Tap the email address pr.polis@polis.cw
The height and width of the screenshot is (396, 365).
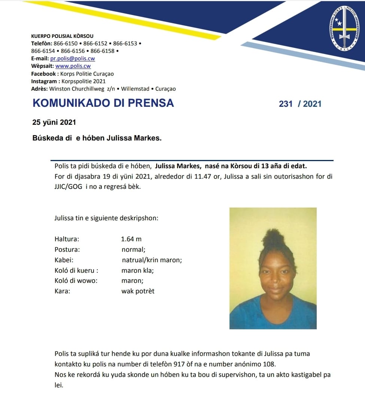click(73, 58)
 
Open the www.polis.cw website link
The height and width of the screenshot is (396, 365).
click(73, 66)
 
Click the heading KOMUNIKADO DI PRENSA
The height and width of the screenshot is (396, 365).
click(103, 103)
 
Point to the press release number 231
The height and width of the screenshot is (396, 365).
click(286, 104)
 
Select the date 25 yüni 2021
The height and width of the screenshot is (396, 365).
click(54, 123)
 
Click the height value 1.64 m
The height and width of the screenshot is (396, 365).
click(131, 239)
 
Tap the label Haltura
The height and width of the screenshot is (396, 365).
click(67, 239)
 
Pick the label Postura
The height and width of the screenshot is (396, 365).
click(67, 250)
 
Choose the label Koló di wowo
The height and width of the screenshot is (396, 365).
click(76, 281)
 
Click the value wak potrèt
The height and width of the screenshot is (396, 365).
click(138, 291)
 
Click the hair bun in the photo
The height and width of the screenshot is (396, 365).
click(273, 238)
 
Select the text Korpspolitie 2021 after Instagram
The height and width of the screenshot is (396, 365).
click(83, 81)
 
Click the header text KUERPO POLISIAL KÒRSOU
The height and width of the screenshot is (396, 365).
click(62, 36)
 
